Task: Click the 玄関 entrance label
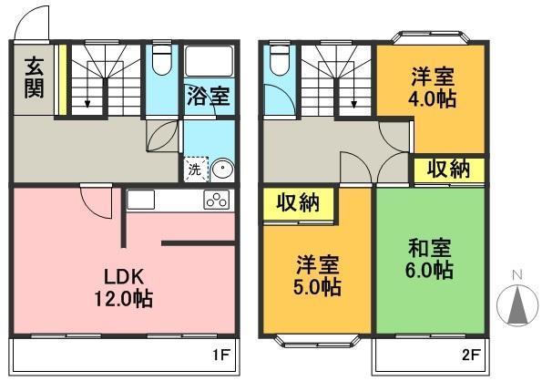tap(34, 78)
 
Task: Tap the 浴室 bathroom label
tap(208, 96)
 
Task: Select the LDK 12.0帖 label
tap(124, 288)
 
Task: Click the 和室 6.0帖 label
tap(429, 259)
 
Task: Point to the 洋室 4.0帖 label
tap(433, 88)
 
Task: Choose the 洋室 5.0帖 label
tap(317, 275)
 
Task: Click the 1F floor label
tap(220, 355)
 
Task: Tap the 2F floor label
tap(471, 355)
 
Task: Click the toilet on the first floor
tap(162, 59)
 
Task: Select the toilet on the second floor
tap(280, 60)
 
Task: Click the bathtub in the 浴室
tap(210, 61)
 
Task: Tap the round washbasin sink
tap(221, 170)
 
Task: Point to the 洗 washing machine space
tap(196, 170)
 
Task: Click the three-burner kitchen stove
tap(217, 200)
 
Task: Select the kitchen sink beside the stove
tap(140, 200)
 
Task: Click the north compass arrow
tap(517, 305)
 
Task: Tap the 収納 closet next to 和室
tap(449, 170)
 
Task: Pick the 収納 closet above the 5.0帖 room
tap(298, 203)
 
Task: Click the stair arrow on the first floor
tap(87, 85)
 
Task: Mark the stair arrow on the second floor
tap(353, 85)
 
